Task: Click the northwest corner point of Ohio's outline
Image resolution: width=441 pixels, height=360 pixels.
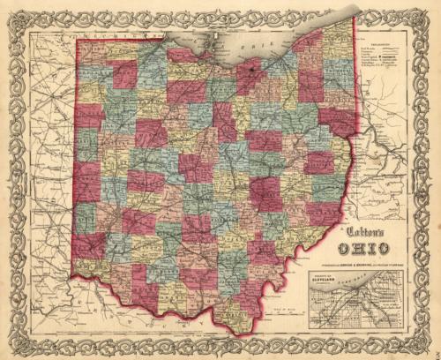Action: (x=76, y=40)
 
